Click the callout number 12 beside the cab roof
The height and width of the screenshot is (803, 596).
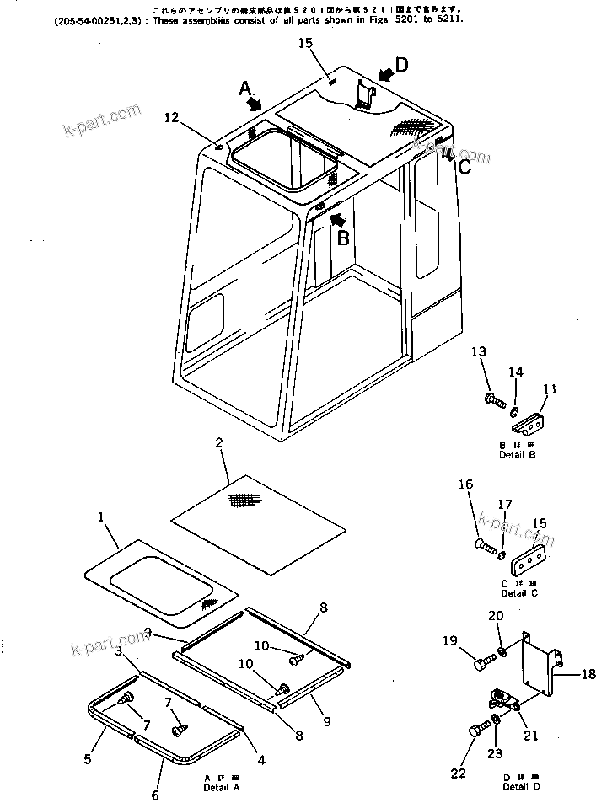tap(171, 119)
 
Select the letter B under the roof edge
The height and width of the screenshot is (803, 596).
tap(343, 238)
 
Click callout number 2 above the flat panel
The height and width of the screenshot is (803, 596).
tap(218, 443)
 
